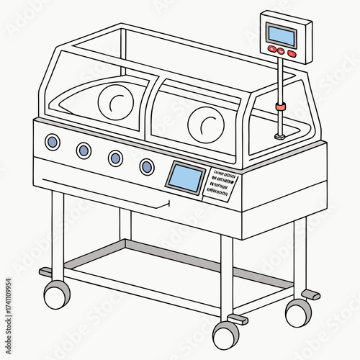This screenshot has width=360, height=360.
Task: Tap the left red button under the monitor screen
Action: point(272,49)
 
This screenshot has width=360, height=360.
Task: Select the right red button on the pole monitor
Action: point(291,53)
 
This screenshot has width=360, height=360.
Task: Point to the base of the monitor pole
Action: point(280,135)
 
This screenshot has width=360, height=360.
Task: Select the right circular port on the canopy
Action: point(206,123)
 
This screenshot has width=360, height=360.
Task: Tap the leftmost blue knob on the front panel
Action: point(52,142)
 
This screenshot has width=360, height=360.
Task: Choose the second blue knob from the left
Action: point(84,150)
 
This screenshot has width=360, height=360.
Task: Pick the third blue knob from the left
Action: point(115,158)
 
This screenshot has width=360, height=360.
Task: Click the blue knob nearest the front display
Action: point(147,167)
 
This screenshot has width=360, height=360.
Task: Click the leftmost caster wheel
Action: point(57,294)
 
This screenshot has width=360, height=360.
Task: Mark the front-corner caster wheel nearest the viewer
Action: point(225,335)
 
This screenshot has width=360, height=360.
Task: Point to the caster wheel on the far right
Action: point(298,312)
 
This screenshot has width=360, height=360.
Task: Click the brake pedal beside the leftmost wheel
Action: point(46,272)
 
